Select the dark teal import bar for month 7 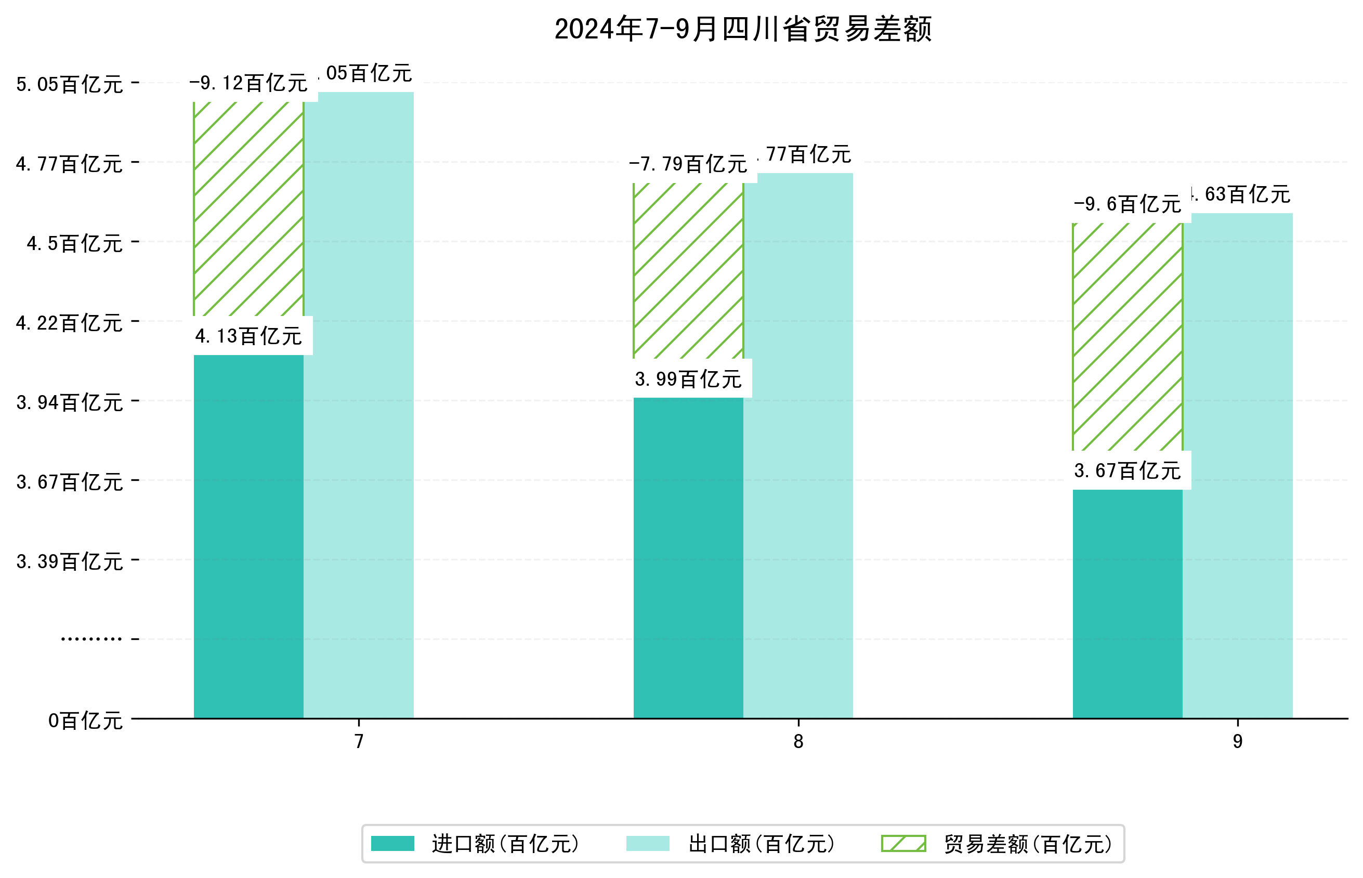pos(248,536)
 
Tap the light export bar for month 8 pos(798,444)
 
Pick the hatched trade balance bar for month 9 pos(1127,336)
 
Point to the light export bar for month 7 pos(359,405)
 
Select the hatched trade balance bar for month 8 pos(688,271)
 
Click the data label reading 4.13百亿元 pos(248,336)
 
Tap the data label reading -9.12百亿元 pos(248,83)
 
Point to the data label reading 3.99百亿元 pos(688,378)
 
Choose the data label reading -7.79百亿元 pos(688,164)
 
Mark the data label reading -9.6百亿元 pos(1127,204)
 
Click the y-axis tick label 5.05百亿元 pos(70,84)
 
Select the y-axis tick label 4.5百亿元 pos(75,243)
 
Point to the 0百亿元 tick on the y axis pos(85,720)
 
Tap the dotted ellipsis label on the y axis pos(91,639)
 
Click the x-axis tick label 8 pos(798,741)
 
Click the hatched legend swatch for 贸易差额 pos(903,843)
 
